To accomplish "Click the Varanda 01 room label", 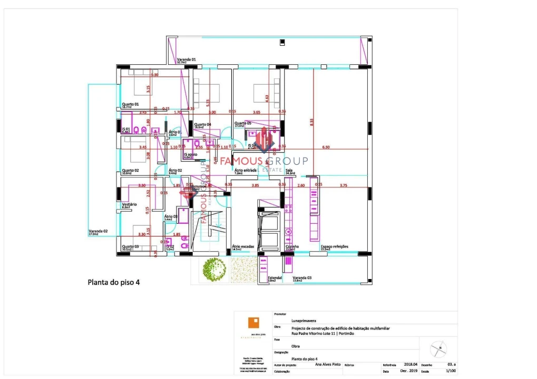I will click(x=186, y=59).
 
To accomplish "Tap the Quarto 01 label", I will click(x=130, y=104).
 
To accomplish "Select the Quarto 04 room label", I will click(x=202, y=124).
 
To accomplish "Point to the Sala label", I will click(x=289, y=171).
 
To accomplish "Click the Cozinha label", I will click(x=292, y=246).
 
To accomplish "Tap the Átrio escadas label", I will click(x=243, y=246).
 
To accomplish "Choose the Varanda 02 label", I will click(x=98, y=231).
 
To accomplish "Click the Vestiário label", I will click(x=129, y=204).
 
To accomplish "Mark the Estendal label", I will click(x=275, y=277).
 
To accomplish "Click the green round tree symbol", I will click(x=214, y=269).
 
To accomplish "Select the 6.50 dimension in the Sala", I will click(x=326, y=147).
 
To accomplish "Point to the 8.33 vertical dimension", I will click(x=312, y=121).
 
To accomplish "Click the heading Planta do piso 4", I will click(x=113, y=282).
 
